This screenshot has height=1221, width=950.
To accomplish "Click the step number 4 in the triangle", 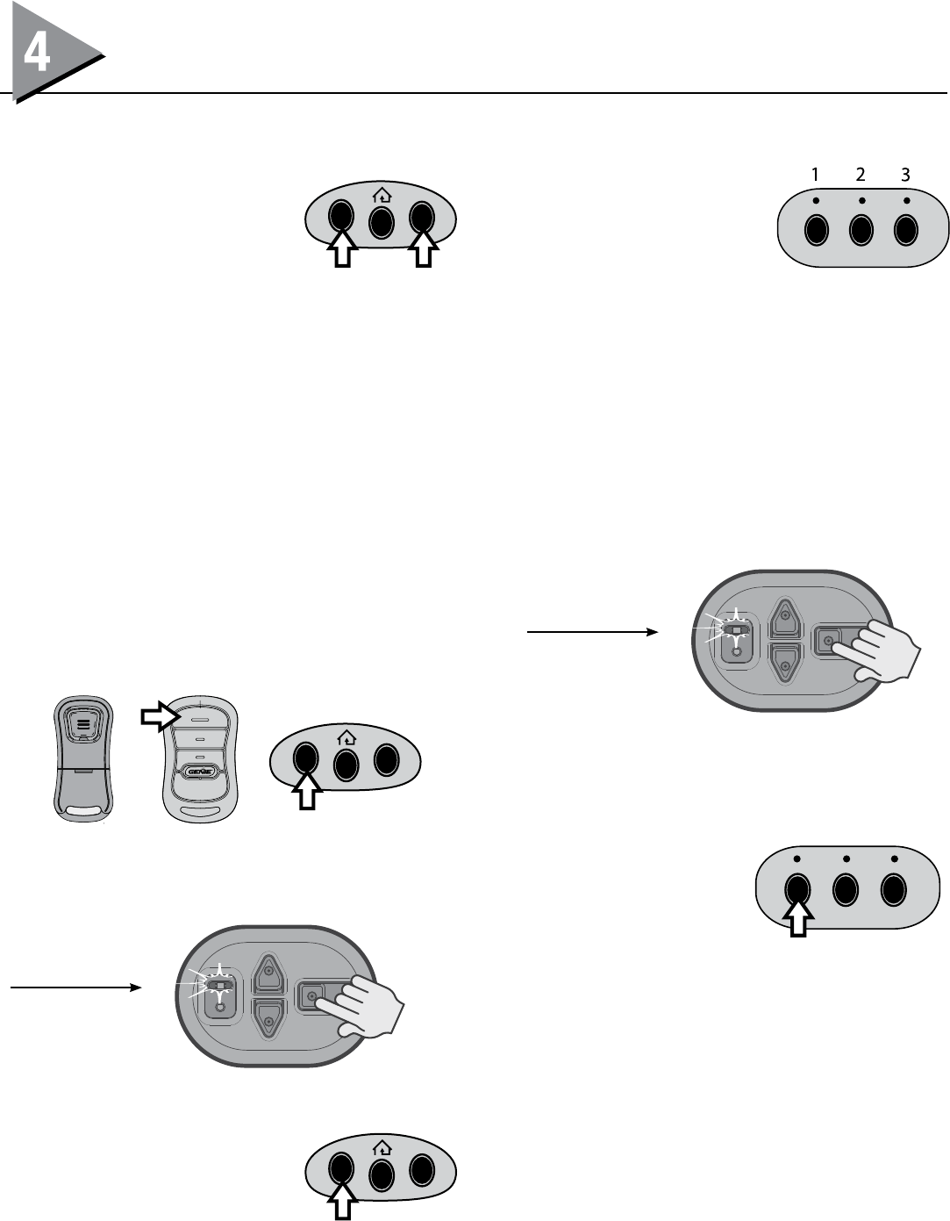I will pyautogui.click(x=37, y=55).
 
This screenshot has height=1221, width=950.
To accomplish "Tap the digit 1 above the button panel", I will pyautogui.click(x=815, y=175).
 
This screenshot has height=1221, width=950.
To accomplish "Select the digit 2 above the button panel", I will pyautogui.click(x=861, y=175).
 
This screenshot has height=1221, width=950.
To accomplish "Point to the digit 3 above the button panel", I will pyautogui.click(x=906, y=175).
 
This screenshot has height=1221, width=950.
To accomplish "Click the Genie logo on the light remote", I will pyautogui.click(x=200, y=772).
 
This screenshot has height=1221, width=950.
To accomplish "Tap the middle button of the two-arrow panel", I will pyautogui.click(x=381, y=222).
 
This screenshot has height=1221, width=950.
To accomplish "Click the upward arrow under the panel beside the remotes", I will pyautogui.click(x=306, y=794).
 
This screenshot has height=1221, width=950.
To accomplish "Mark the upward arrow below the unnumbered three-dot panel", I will pyautogui.click(x=797, y=922).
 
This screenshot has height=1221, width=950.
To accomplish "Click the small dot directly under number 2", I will pyautogui.click(x=861, y=201).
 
